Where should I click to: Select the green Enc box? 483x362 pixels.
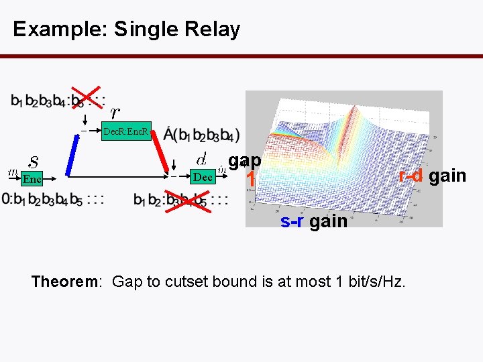(x=32, y=178)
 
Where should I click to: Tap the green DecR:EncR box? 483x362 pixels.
(x=127, y=131)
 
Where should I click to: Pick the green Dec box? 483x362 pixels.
(x=202, y=178)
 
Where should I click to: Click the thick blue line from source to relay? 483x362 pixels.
(x=70, y=154)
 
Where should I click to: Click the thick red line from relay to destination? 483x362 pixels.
(x=172, y=154)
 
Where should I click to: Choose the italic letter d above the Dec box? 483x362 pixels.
(x=201, y=159)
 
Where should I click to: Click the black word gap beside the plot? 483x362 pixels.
(x=245, y=161)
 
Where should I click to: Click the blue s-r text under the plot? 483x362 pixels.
(x=292, y=221)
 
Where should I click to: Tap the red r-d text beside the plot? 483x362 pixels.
(x=411, y=176)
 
